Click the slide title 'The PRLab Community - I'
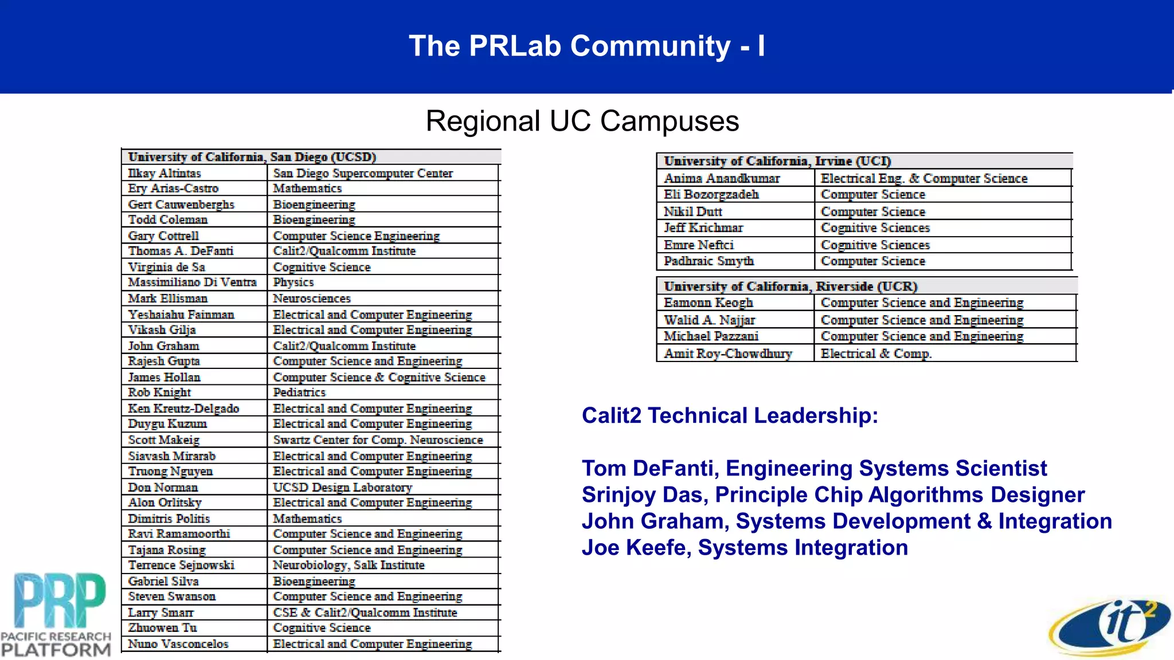586,46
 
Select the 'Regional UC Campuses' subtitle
582,121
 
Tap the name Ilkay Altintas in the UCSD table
165,173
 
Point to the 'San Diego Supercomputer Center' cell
363,173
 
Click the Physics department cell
293,282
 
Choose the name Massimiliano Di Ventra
192,282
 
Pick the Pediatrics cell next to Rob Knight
299,392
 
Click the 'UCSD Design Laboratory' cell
342,488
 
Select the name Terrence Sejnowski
181,565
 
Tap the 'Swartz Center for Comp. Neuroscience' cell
378,440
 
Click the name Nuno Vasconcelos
178,644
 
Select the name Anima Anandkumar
722,179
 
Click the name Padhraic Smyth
709,261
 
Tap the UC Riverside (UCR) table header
791,286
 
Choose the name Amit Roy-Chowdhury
728,353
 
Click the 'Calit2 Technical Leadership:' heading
730,415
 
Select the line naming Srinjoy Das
833,495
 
